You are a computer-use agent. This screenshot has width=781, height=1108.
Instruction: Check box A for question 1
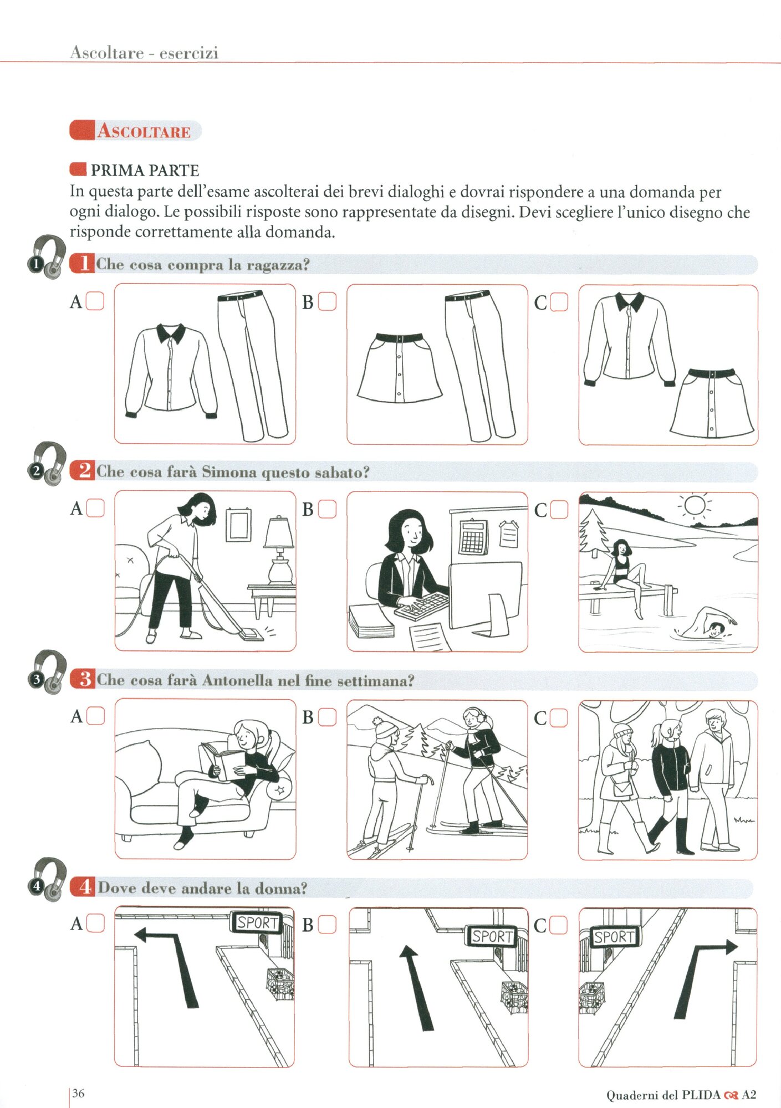(95, 301)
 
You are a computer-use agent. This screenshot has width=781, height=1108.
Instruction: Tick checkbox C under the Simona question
(559, 509)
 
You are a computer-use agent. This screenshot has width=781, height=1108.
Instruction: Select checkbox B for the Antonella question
(328, 717)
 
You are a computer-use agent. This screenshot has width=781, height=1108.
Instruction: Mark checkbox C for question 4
(559, 925)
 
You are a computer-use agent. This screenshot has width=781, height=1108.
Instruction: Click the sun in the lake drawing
(693, 505)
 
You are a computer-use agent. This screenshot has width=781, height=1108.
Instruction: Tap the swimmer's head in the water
(716, 629)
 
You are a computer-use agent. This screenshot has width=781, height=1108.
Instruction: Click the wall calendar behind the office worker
(473, 537)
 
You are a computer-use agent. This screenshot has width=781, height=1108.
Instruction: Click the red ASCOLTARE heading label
(135, 131)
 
